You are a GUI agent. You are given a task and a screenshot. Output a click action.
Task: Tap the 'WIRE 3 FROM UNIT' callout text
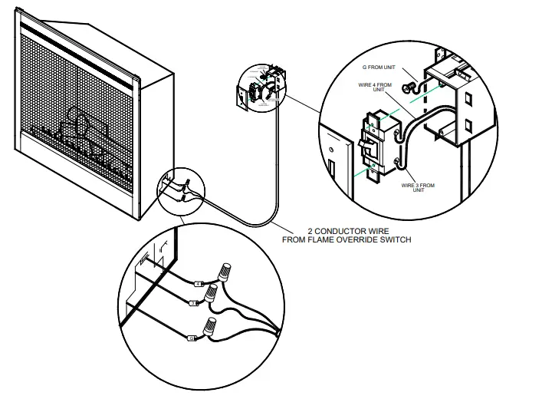[x=419, y=187]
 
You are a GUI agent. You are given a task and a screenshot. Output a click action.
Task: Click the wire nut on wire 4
[x=227, y=271]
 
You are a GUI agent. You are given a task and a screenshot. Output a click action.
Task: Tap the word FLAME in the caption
[x=312, y=239]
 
